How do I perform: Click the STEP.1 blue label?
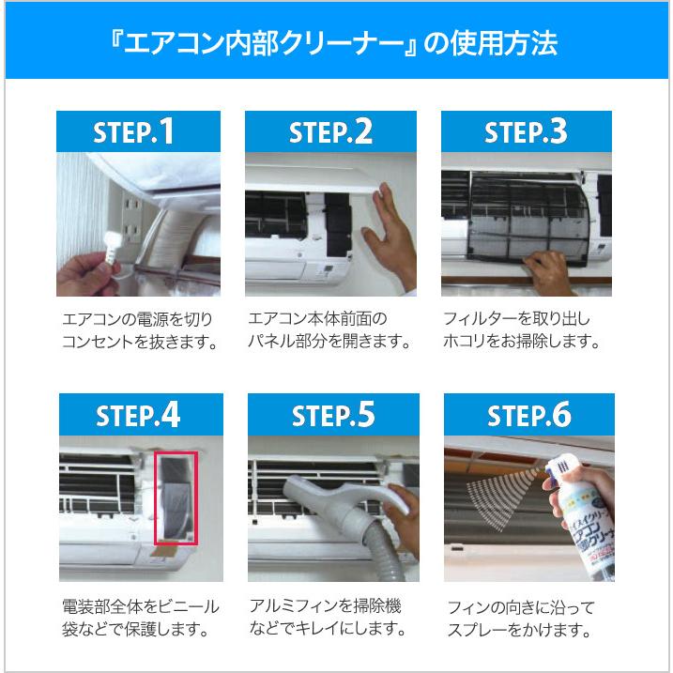[138, 131]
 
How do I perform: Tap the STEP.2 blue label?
[331, 131]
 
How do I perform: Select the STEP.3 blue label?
[526, 131]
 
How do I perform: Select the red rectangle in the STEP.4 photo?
[175, 497]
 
